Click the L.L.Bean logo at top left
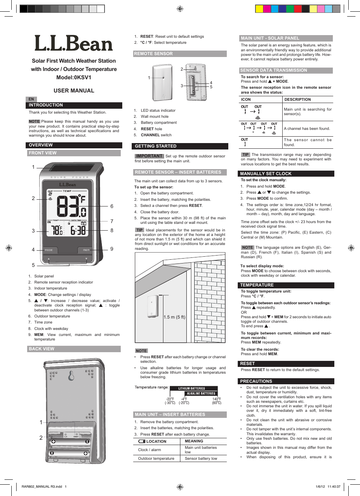click(74, 44)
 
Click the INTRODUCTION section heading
click(46, 105)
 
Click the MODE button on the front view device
click(49, 250)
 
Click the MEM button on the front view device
click(86, 250)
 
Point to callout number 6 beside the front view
click(112, 206)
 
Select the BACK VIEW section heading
click(42, 349)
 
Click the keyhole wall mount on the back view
click(71, 376)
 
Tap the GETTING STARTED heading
click(155, 146)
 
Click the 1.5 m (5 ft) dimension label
click(174, 317)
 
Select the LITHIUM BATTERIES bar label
click(192, 388)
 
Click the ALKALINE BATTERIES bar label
click(201, 393)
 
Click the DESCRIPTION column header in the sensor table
click(297, 100)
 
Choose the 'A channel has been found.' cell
click(307, 129)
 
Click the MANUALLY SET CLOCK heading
click(266, 174)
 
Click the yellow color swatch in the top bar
click(259, 9)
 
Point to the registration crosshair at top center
click(180, 9)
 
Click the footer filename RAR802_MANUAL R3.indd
click(42, 487)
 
